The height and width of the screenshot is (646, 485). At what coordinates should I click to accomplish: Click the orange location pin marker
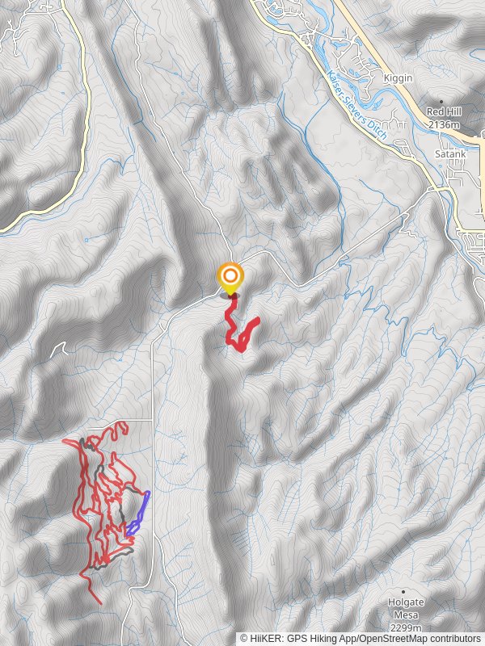[x=230, y=279]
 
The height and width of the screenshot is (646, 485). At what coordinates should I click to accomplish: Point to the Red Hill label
[x=443, y=111]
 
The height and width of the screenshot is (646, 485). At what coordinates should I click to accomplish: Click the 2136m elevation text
[x=443, y=125]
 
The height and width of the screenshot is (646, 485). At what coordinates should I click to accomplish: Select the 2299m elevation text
[x=404, y=627]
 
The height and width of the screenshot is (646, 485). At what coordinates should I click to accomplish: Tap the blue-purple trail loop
[x=141, y=514]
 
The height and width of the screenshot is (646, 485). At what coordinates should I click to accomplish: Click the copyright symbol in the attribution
[x=244, y=638]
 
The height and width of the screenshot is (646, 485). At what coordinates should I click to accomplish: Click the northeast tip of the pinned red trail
[x=257, y=321]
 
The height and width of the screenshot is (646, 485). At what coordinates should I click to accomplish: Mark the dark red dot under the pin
[x=234, y=296]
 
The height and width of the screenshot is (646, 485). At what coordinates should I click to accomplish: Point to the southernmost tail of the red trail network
[x=99, y=602]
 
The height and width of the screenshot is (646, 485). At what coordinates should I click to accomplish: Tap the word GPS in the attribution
[x=296, y=638]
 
